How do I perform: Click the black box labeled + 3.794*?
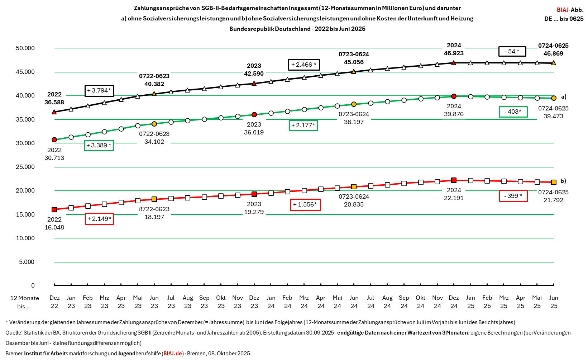point(99,91)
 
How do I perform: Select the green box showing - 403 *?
point(513,112)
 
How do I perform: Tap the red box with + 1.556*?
point(305,204)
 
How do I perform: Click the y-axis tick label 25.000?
point(25,167)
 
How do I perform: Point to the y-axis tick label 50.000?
point(25,48)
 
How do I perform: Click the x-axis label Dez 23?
point(254,302)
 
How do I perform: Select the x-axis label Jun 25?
point(554,302)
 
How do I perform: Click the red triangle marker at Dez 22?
point(54,112)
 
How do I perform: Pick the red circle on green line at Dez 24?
point(454,96)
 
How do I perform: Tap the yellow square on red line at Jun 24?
point(354,186)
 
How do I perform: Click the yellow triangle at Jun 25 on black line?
point(554,63)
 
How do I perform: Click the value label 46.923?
point(454,53)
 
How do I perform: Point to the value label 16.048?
point(54,227)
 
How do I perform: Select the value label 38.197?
point(354,122)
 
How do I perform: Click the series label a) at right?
point(564,96)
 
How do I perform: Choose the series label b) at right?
point(563,181)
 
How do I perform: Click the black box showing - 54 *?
point(512,51)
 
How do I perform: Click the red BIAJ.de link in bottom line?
point(173,353)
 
